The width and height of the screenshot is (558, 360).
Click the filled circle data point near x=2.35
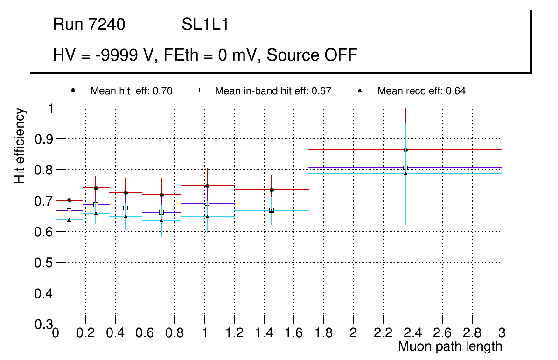[405, 150]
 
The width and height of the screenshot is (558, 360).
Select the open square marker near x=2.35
[405, 168]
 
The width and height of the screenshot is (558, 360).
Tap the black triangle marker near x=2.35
[405, 173]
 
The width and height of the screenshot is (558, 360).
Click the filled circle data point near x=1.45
[272, 190]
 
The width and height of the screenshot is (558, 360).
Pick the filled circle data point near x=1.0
[207, 186]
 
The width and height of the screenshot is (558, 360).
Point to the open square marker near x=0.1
[69, 211]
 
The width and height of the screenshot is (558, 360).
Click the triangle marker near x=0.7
[161, 220]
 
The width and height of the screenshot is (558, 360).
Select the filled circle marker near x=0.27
[96, 188]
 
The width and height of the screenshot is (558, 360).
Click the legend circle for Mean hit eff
[73, 90]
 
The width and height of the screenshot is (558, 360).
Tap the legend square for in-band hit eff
[197, 90]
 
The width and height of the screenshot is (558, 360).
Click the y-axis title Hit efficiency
[20, 145]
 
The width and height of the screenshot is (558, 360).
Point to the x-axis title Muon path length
[450, 346]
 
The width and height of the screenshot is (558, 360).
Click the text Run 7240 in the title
[89, 25]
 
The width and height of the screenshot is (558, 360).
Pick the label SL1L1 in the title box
[205, 25]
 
